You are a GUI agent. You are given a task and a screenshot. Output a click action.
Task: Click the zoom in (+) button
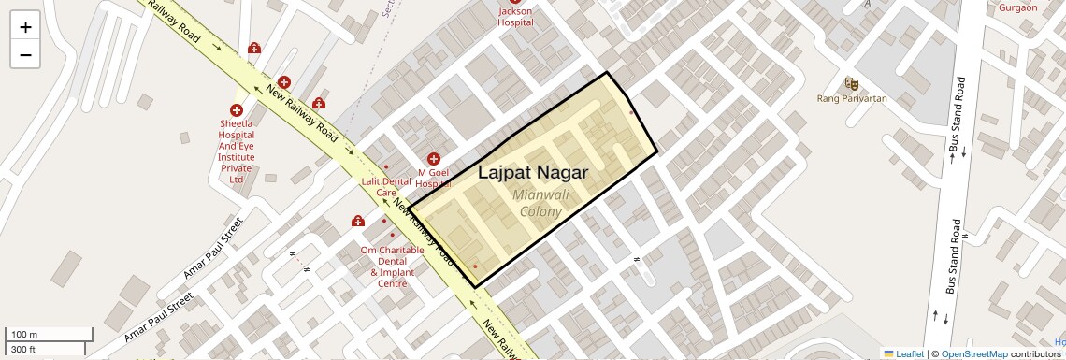(25, 26)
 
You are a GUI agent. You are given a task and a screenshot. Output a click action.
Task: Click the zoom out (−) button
(25, 54)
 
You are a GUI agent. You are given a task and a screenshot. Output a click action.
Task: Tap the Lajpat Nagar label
(533, 172)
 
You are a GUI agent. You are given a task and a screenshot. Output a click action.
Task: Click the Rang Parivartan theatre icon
(851, 83)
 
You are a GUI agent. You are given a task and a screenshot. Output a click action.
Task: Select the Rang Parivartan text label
(852, 98)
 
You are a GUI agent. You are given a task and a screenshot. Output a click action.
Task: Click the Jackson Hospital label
(515, 17)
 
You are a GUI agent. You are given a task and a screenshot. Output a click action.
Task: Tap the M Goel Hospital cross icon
(434, 160)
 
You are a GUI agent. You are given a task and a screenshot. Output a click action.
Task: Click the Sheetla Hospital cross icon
(237, 110)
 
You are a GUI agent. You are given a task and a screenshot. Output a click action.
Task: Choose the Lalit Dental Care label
(386, 186)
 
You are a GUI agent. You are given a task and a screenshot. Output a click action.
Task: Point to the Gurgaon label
(1018, 7)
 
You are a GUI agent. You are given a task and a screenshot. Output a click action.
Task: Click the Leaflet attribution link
(903, 353)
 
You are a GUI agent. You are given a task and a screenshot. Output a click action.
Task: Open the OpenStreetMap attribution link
(973, 353)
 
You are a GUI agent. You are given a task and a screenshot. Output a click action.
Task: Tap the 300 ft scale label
(23, 350)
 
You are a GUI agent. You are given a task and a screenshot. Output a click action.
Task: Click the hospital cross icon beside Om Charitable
(358, 222)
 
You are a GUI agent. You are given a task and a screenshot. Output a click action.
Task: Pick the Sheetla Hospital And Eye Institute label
(237, 151)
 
